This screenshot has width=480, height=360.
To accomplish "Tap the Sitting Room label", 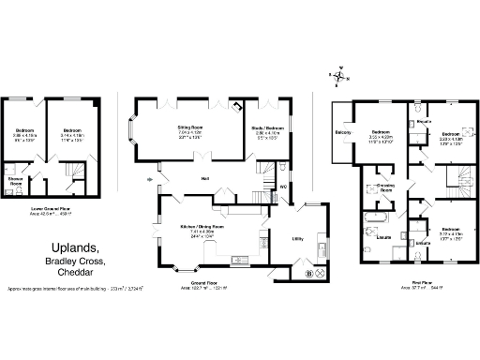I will [191, 127].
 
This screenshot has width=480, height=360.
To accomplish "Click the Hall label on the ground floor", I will [203, 179].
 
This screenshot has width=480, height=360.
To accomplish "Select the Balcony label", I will [344, 132].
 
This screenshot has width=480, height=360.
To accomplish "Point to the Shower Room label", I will [16, 180].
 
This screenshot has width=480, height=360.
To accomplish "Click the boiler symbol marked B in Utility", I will [308, 274].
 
